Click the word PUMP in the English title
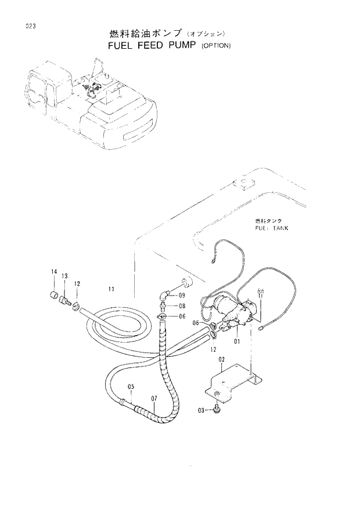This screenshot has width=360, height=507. click(175, 46)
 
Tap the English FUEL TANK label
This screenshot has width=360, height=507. click(271, 228)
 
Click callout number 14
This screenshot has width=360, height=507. click(54, 272)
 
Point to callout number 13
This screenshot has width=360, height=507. click(64, 276)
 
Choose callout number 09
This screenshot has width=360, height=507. click(182, 296)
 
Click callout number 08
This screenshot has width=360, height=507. click(182, 306)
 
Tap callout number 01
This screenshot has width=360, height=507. click(237, 341)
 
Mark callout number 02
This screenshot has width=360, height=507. click(221, 360)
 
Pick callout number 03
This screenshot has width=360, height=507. click(201, 410)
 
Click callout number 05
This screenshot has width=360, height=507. click(131, 387)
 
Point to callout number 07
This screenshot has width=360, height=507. click(154, 398)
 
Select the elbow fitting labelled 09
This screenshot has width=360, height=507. click(165, 295)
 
